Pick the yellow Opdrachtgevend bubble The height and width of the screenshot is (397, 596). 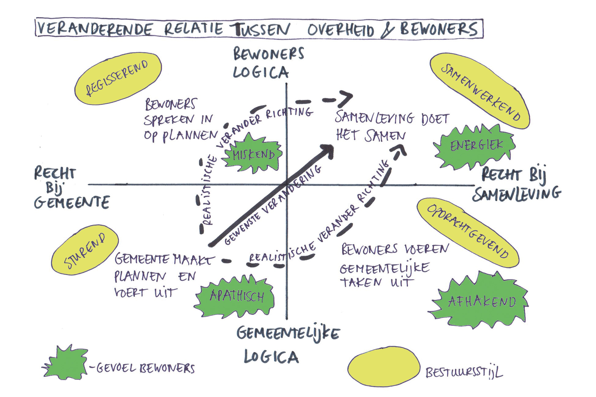click(x=468, y=232)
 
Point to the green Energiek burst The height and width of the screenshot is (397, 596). click(x=476, y=146)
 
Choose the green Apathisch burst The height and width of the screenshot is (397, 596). click(x=236, y=296)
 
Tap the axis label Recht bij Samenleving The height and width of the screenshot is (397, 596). click(x=517, y=185)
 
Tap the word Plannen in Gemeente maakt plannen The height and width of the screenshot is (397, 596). click(x=140, y=277)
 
